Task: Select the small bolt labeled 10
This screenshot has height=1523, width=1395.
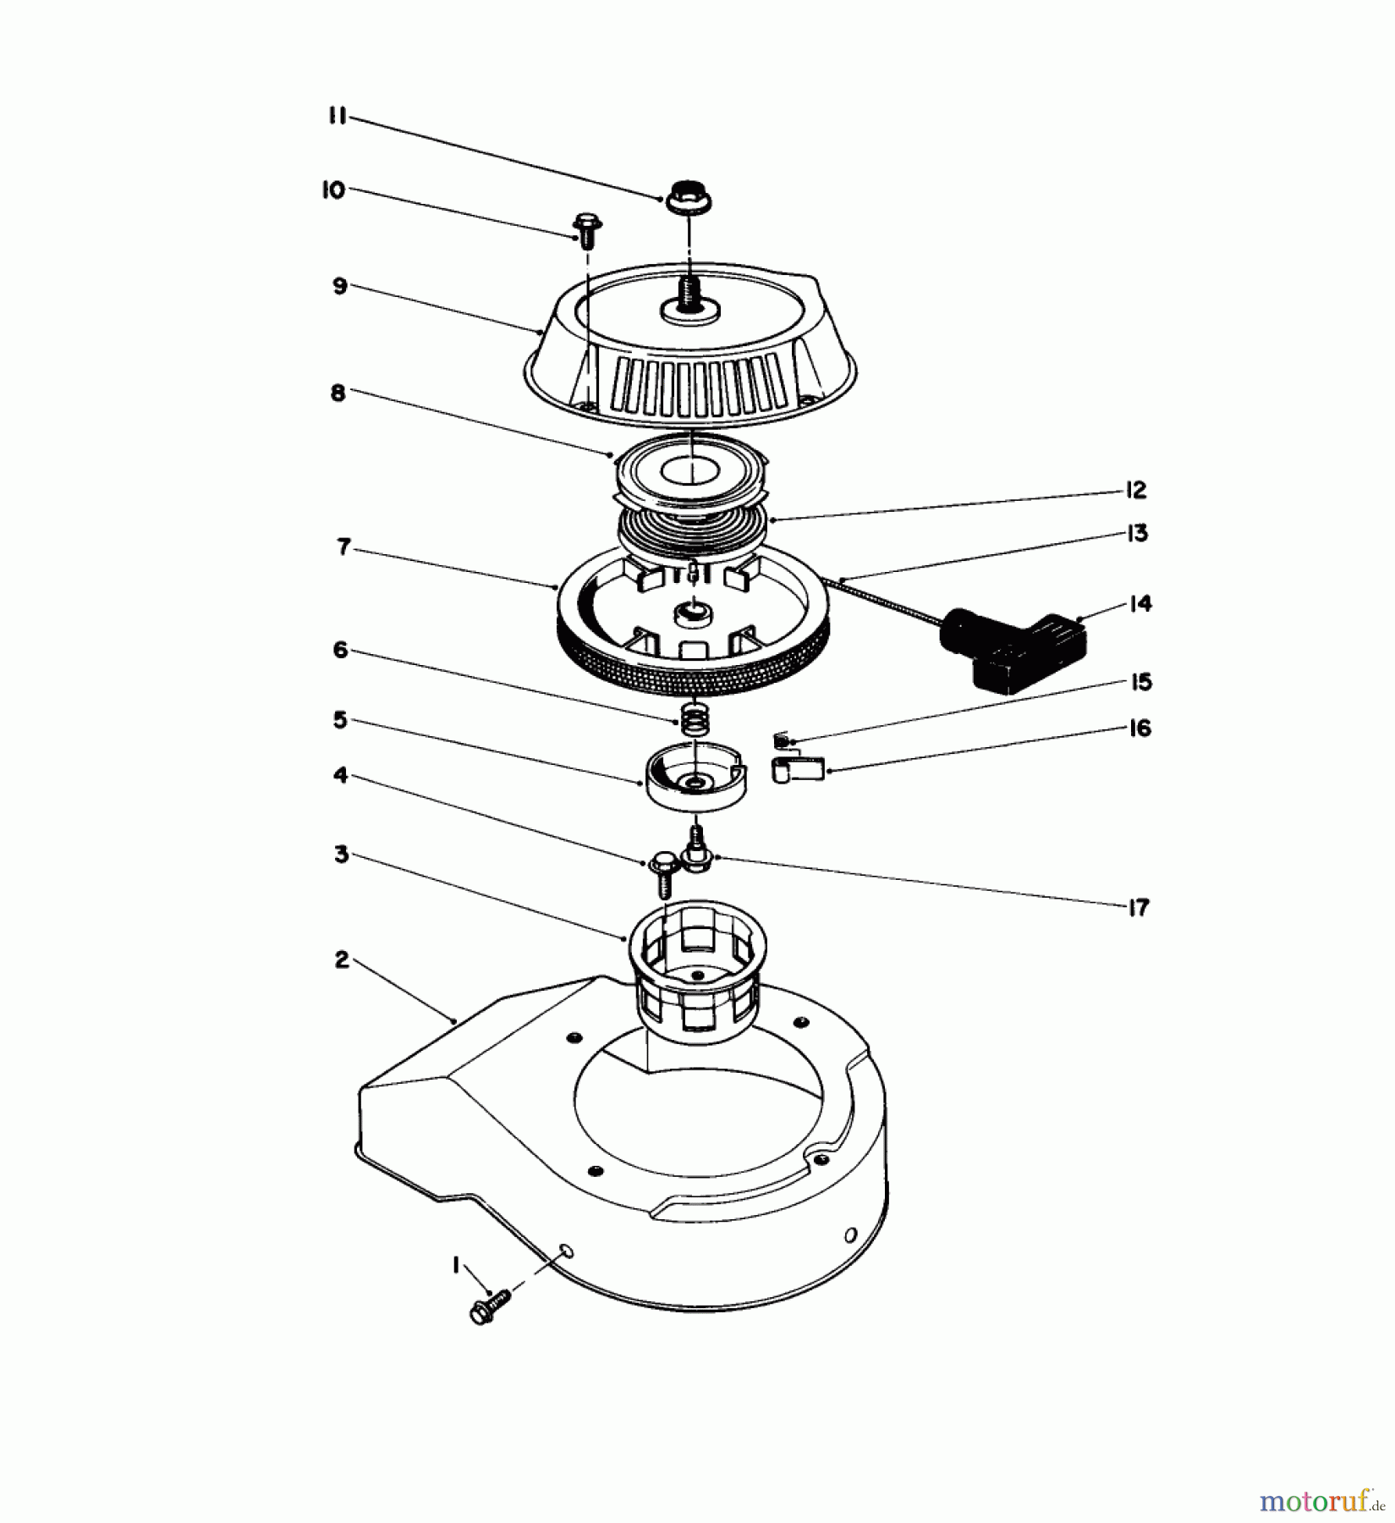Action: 584,228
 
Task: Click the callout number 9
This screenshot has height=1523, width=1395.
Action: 339,287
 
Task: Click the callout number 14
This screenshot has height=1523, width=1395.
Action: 1140,603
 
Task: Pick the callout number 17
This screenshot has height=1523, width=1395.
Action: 1140,907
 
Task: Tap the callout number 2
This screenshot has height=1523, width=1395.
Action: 341,959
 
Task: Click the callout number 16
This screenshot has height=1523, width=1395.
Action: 1140,728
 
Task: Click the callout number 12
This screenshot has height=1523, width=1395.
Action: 1135,490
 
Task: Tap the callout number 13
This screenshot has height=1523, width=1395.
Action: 1137,534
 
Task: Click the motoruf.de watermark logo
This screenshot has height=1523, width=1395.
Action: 1321,1502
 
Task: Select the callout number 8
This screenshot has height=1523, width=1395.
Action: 338,393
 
